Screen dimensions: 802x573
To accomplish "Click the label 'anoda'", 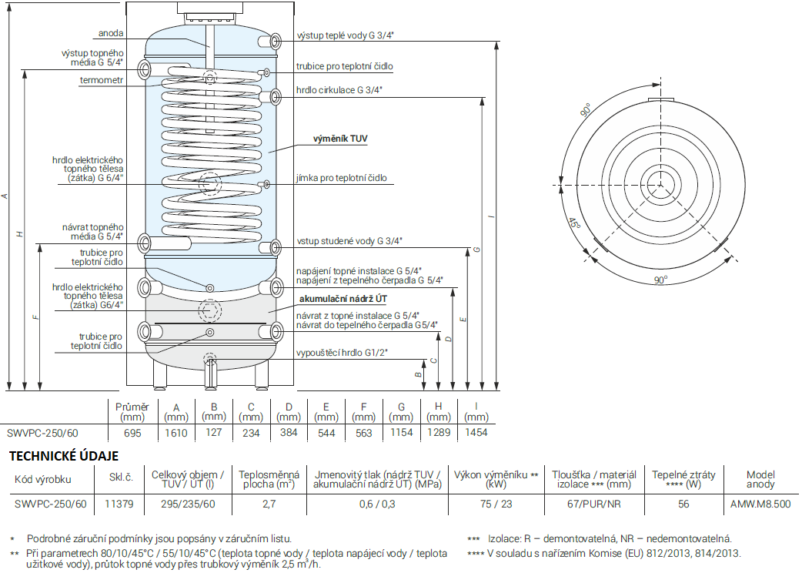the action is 111,33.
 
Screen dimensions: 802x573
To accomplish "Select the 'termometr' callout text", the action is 102,80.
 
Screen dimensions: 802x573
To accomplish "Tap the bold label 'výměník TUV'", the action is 340,139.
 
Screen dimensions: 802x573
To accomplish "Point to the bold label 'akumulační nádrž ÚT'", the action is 343,299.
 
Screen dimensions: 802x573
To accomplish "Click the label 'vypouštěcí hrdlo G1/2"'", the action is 342,353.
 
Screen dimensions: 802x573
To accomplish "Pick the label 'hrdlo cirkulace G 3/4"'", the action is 339,90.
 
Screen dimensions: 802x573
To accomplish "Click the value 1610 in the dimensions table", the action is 176,433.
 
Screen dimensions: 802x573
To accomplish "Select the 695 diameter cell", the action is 132,433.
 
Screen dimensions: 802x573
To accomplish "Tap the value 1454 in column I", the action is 476,433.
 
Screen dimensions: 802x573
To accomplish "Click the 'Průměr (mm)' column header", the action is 132,412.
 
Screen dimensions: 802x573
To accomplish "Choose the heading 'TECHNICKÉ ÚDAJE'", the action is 64,456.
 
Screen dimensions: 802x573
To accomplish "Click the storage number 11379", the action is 119,504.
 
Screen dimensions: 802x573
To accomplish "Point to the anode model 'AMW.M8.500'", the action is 760,504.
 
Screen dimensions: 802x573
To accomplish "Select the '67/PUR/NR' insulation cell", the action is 594,504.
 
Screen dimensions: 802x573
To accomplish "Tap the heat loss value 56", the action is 683,504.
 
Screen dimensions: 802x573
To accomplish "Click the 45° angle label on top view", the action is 574,223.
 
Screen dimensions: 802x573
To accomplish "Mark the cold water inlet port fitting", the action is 275,248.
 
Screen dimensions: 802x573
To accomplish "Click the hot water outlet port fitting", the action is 275,41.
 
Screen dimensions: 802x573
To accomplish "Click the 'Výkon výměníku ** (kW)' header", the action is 496,479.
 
